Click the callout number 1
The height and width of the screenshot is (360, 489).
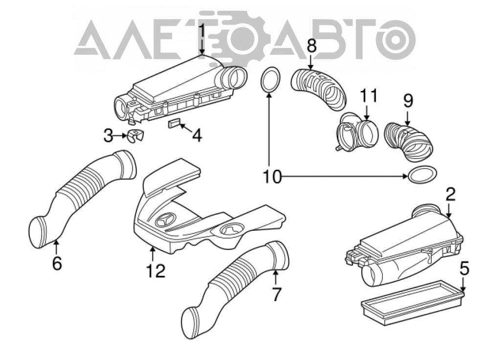point(202,31)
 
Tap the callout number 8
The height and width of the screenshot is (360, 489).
point(311,45)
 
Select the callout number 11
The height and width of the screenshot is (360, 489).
point(369,96)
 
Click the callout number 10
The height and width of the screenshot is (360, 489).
point(272,177)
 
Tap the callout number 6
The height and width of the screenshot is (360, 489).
point(57,264)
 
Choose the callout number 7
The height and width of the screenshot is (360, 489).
point(276,294)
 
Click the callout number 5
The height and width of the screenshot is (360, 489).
point(464,269)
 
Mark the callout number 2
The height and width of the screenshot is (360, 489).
point(451,196)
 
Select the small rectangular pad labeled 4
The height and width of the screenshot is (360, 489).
point(175,123)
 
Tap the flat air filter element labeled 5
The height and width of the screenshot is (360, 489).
point(412,298)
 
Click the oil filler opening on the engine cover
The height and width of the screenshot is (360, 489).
point(231,230)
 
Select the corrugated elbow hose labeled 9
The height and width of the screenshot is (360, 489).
point(408,142)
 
